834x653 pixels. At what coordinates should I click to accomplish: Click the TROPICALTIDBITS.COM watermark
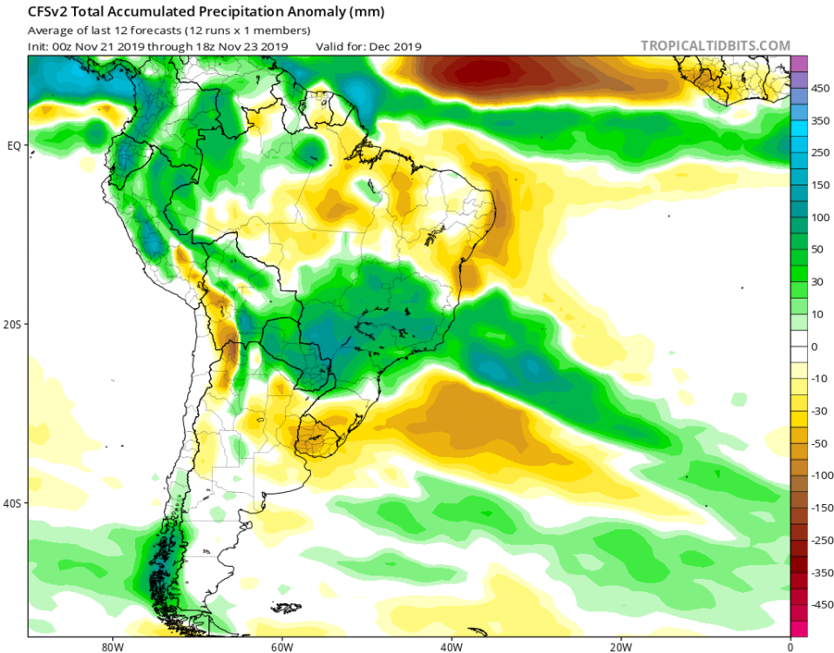click(x=715, y=45)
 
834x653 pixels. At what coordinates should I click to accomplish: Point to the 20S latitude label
click(x=12, y=324)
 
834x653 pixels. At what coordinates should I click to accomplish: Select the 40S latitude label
click(x=12, y=503)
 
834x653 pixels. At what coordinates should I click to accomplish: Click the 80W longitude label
click(x=110, y=647)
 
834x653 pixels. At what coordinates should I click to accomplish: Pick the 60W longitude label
click(x=280, y=647)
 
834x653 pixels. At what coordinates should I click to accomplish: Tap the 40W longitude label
click(x=450, y=647)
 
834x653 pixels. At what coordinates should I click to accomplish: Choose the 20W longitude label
click(x=620, y=647)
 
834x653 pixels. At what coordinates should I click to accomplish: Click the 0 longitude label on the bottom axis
click(x=790, y=647)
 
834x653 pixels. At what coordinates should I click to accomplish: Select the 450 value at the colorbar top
click(x=820, y=88)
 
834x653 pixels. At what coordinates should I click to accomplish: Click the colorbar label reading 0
click(x=814, y=347)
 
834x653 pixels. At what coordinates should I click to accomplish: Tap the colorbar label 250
click(x=820, y=152)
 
